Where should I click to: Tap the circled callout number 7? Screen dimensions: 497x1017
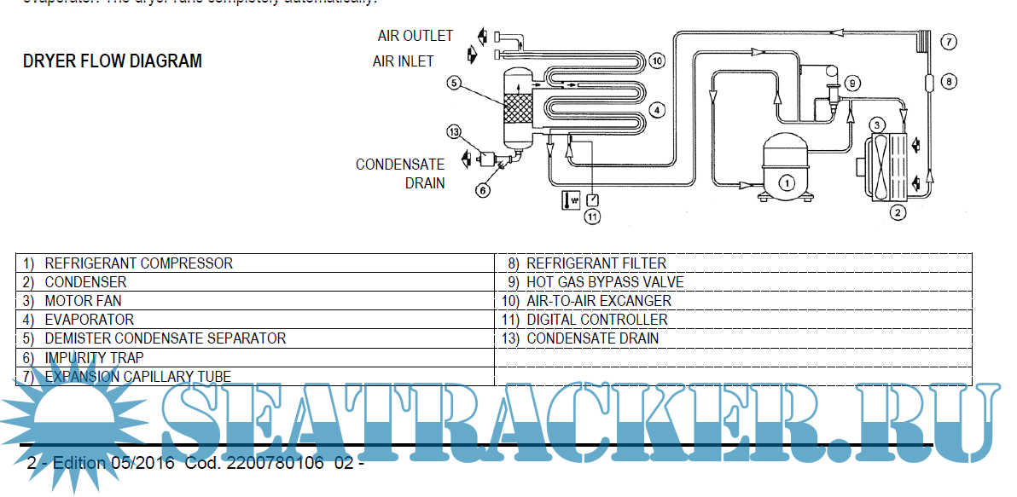(949, 41)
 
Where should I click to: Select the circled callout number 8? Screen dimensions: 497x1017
(949, 82)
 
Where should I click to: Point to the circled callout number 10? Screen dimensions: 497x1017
(655, 61)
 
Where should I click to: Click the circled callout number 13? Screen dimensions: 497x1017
(455, 83)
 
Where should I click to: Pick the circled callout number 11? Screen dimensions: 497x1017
(592, 216)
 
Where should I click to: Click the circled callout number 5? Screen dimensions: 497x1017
(455, 83)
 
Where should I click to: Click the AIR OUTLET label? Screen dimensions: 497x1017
(416, 36)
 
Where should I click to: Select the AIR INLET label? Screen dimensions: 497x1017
(403, 61)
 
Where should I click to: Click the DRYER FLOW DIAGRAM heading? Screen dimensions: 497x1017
(113, 61)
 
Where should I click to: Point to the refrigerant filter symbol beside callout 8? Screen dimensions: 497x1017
(928, 83)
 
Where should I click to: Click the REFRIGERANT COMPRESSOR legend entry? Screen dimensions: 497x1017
(138, 263)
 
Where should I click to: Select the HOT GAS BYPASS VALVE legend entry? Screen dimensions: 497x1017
(605, 282)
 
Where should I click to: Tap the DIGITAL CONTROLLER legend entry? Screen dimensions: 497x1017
(597, 320)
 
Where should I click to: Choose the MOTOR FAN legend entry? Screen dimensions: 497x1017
(83, 301)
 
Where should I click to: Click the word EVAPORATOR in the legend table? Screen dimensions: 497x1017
(89, 320)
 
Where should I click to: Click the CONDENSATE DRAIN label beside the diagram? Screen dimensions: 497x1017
(400, 173)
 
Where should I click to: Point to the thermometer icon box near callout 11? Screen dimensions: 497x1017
(570, 200)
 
